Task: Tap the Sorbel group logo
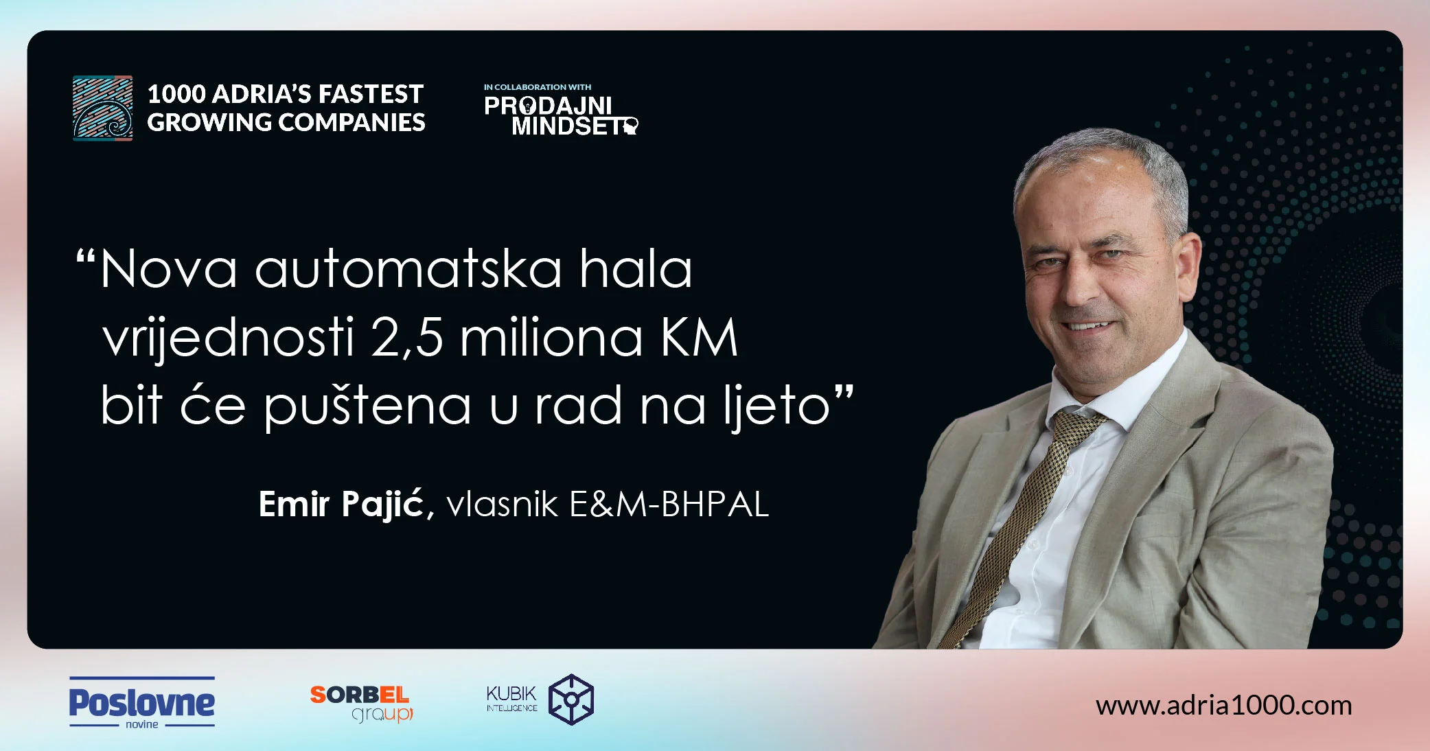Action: click(361, 703)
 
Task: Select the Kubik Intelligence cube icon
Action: click(570, 700)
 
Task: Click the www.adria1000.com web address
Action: click(1223, 706)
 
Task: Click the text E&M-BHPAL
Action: click(669, 505)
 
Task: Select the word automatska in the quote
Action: click(408, 269)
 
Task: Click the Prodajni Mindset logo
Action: click(560, 115)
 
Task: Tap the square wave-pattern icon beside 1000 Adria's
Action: click(103, 108)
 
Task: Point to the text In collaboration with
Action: click(537, 87)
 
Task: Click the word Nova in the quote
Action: click(169, 269)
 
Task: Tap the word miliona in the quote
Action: click(551, 338)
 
